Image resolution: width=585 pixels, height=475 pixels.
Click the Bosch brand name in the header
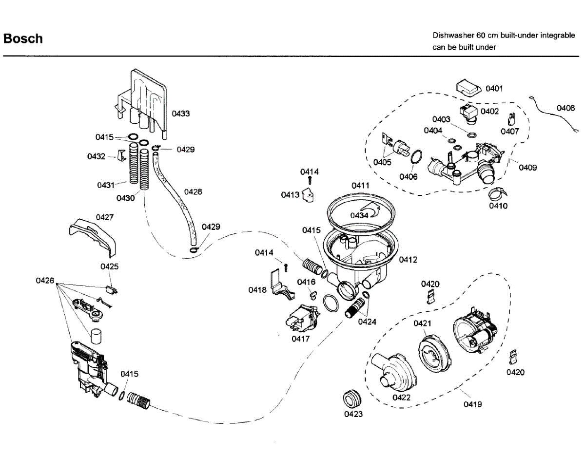23,38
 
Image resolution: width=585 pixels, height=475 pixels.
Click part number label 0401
494,89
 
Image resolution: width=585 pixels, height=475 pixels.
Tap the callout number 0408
566,108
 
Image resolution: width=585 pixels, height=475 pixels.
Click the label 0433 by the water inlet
180,114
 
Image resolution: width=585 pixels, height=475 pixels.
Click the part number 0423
353,414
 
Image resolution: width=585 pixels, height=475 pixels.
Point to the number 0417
301,339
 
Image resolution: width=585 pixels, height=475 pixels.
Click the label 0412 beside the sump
408,260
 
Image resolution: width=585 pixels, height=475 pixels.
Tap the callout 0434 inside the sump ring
359,215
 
